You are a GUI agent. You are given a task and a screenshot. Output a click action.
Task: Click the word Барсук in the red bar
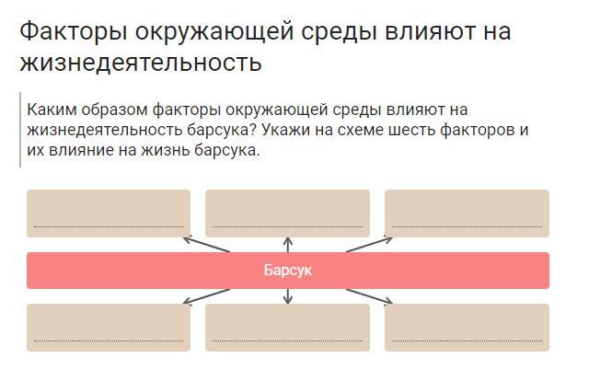pos(288,271)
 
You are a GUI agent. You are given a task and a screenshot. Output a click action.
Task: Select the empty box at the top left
pos(109,213)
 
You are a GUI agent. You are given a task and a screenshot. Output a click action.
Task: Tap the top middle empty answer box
pos(287,213)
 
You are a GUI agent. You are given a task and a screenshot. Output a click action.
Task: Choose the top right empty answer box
pos(467,213)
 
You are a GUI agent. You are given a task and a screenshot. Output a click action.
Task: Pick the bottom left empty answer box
pos(109,327)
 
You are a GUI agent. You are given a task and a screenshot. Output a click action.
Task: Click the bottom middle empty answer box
pos(287,327)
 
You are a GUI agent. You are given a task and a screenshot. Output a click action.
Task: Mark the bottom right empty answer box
pos(467,327)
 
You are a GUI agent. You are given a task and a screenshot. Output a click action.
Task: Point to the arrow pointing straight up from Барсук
pos(288,244)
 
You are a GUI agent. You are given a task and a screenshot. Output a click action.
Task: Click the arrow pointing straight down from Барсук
pos(288,296)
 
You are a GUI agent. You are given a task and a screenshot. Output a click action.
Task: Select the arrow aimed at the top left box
pos(206,245)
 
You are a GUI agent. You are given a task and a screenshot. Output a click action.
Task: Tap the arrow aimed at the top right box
pos(369,245)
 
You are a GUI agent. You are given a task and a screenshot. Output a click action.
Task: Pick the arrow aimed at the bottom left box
pos(206,295)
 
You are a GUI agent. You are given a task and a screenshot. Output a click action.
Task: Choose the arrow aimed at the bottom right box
pos(369,295)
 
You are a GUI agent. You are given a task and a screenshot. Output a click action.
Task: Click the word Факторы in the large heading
pos(73,31)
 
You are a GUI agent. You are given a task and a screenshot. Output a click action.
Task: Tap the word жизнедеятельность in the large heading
pos(140,62)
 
